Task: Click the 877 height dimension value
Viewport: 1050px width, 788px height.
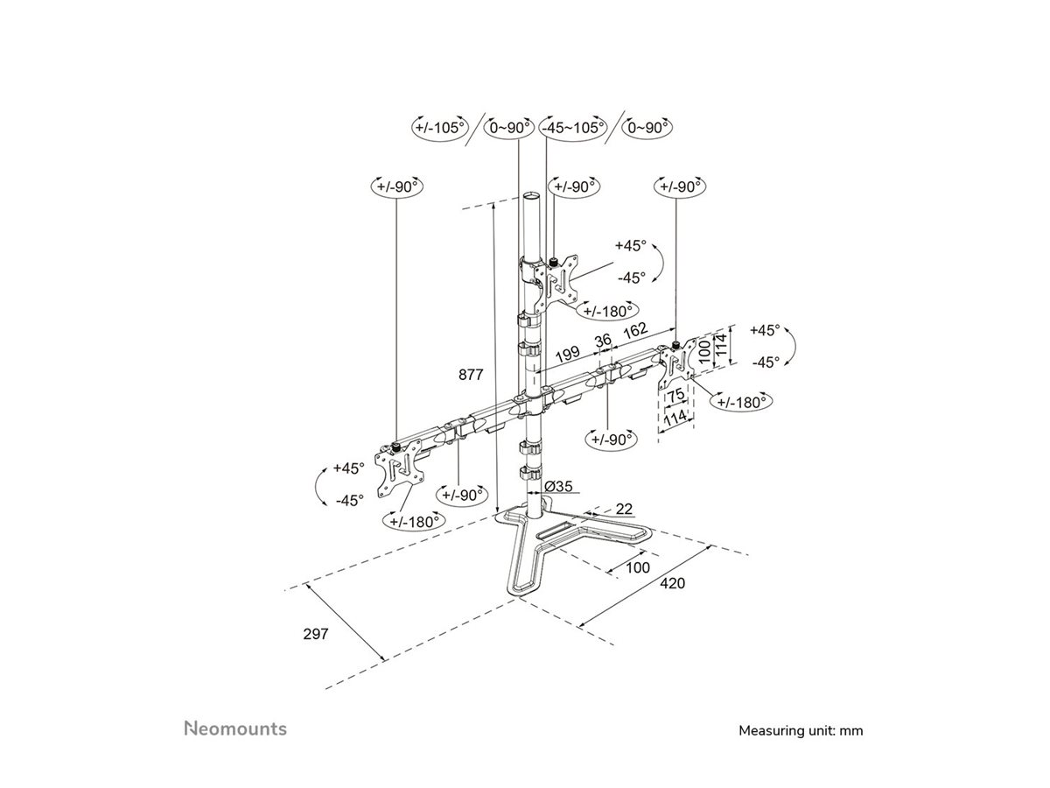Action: pos(471,375)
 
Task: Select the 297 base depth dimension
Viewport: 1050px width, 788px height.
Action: pos(316,634)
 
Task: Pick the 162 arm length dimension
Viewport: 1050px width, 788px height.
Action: pos(634,330)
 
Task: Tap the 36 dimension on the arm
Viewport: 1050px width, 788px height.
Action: pos(602,341)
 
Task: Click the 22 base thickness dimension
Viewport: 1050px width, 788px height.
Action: pos(623,508)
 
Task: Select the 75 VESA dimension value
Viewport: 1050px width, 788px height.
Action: pos(675,395)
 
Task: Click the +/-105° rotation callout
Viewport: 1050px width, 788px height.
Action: pos(440,128)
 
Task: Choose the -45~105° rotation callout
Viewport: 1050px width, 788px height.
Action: pos(573,128)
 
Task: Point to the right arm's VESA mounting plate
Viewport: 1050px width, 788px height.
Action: pos(676,365)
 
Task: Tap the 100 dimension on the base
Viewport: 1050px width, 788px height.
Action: pos(639,567)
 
